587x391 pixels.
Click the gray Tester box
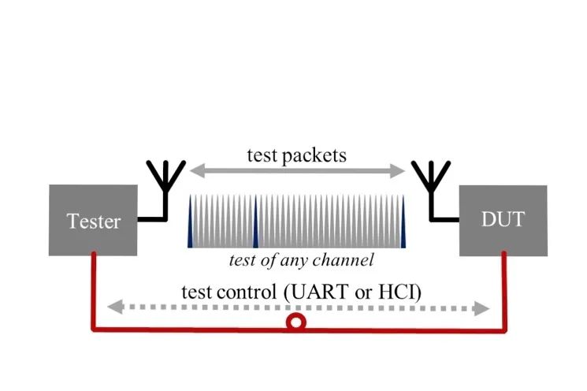(94, 220)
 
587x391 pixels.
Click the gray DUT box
(503, 220)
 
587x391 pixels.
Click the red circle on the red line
(296, 322)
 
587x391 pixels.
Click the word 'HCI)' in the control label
(401, 290)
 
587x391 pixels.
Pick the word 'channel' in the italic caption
(341, 259)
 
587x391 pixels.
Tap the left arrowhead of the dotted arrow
(113, 307)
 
